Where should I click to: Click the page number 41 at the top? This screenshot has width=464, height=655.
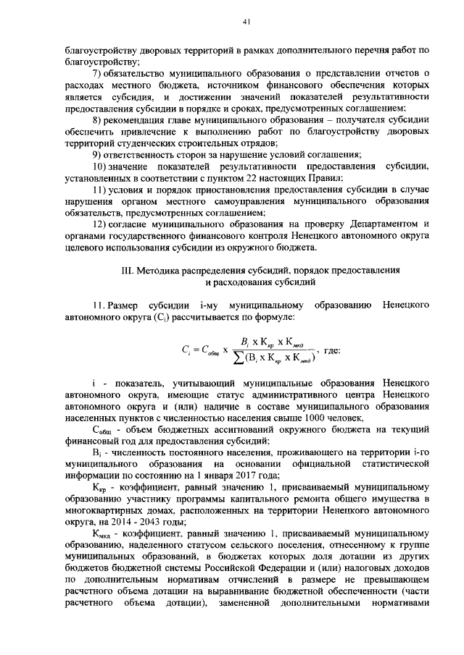[246, 22]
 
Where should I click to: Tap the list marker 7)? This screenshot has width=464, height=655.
[98, 75]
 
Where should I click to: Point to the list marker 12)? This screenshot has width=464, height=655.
[100, 224]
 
